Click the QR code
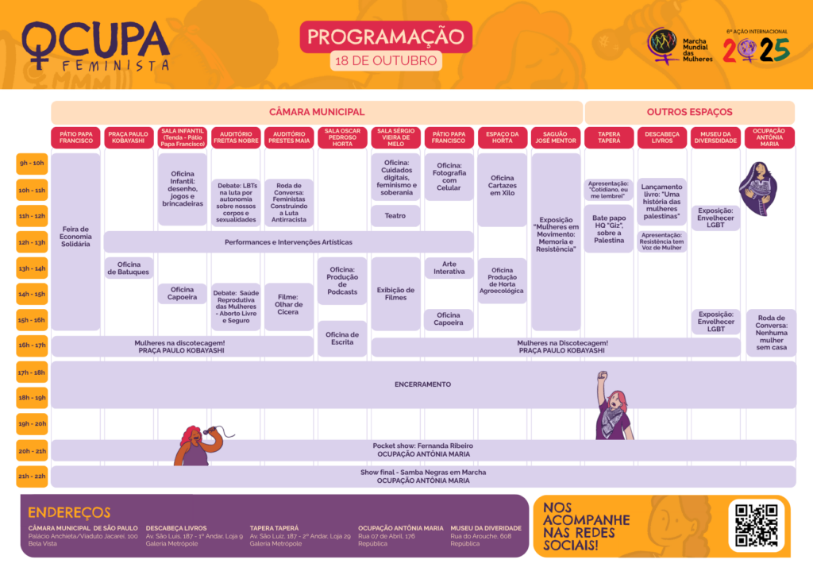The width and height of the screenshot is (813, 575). pos(756,525)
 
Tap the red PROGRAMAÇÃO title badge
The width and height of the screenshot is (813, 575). pos(386,37)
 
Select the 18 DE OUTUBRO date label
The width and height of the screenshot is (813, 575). pos(386,60)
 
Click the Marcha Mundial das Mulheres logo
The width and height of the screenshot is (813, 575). pos(679,46)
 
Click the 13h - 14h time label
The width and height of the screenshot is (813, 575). pos(33,268)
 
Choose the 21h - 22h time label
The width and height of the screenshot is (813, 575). pos(33,477)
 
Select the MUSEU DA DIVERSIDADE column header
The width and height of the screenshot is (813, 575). pos(715,138)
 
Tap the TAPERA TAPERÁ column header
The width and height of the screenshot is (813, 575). pos(609,138)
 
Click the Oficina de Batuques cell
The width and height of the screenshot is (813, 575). pos(129,268)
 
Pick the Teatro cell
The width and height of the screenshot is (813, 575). pos(395,215)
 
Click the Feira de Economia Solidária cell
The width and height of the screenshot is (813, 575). pos(76,237)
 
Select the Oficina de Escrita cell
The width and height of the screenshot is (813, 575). pos(342,338)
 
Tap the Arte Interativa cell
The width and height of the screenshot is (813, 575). pos(449,268)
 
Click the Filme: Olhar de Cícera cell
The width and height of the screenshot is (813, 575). pos(289,305)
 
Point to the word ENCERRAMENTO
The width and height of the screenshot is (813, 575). pos(422,384)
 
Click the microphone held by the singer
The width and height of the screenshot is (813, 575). pos(208,430)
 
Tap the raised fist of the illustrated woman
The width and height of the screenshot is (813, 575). pos(602,376)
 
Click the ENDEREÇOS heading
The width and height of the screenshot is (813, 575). pos(69,512)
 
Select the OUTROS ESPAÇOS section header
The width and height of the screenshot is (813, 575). pos(689,112)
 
